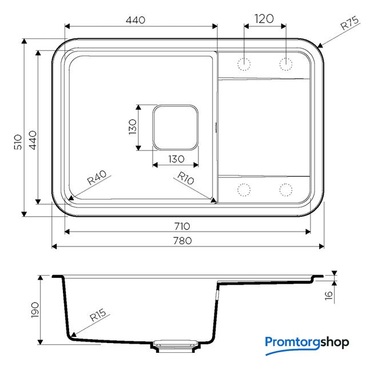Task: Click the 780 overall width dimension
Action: tap(182, 241)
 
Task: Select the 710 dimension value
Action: tap(182, 226)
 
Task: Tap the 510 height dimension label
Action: tap(18, 142)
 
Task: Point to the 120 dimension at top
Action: tap(264, 19)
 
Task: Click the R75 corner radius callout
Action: tap(349, 23)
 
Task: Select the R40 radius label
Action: tap(97, 177)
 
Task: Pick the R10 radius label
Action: tap(186, 178)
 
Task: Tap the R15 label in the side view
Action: tap(98, 315)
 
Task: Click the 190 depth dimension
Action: tap(35, 310)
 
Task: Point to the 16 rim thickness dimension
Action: tap(329, 296)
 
